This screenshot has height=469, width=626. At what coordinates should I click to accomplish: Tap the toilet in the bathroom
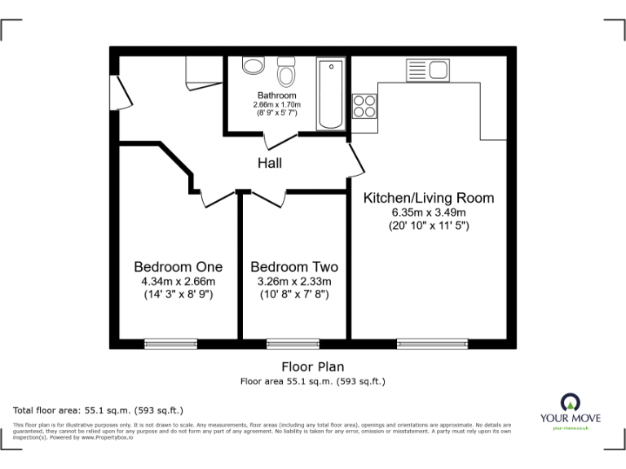[x=286, y=74]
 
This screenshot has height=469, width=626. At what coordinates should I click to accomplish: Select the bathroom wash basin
[x=253, y=66]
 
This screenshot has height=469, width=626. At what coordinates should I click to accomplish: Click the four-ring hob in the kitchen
[x=364, y=107]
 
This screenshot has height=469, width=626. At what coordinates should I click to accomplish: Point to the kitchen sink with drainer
[x=427, y=70]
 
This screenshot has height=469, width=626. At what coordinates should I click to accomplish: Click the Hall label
[x=270, y=164]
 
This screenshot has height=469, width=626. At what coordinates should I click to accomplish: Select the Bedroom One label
[x=178, y=267]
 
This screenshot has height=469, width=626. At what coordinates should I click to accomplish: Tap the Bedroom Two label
[x=294, y=267]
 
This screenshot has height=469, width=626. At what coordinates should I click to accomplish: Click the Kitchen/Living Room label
[x=428, y=198]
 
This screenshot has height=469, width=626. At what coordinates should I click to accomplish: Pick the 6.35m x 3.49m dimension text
[x=428, y=213]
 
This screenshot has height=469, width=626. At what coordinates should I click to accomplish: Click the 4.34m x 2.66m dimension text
[x=178, y=282]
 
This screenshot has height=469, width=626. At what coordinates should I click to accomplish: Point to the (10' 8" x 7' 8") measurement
[x=294, y=295]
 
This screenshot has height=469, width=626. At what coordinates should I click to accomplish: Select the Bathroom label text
[x=277, y=95]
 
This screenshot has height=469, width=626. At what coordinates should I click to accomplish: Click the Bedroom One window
[x=170, y=344]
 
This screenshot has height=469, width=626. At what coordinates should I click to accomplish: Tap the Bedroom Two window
[x=293, y=344]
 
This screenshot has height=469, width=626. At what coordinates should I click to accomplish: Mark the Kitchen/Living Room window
[x=432, y=344]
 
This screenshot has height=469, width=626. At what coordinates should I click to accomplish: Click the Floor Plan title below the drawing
[x=312, y=367]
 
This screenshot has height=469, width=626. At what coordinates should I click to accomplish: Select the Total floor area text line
[x=99, y=410]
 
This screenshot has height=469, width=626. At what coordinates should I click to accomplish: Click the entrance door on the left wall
[x=123, y=90]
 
